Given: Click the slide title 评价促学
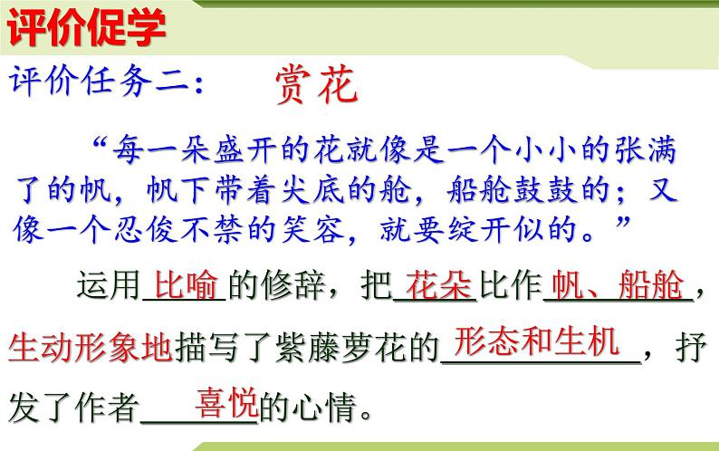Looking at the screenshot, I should point(88,30).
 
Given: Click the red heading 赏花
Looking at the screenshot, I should point(316,86).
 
